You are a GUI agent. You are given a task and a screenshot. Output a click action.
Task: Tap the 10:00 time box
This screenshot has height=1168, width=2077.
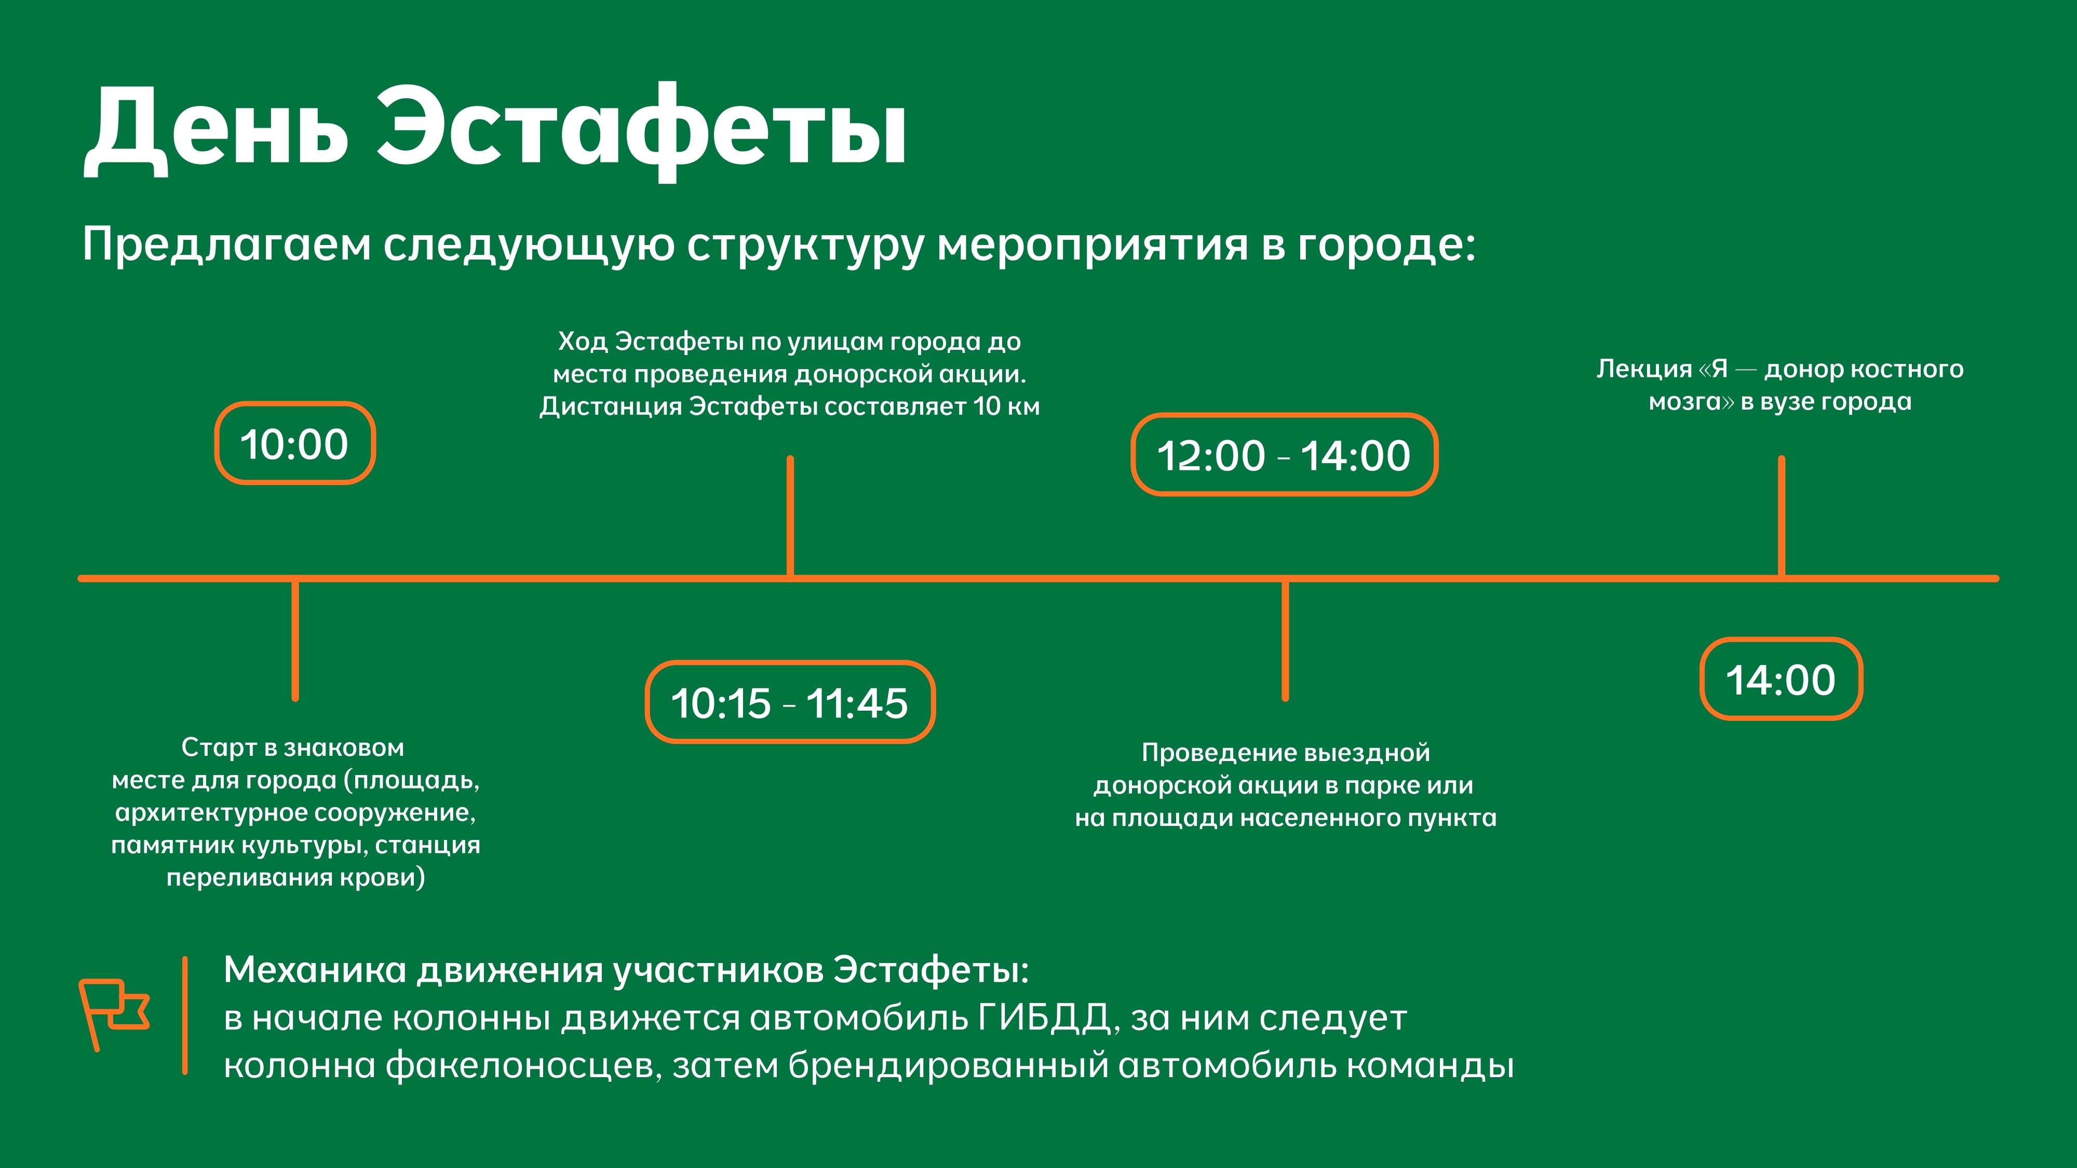tap(295, 443)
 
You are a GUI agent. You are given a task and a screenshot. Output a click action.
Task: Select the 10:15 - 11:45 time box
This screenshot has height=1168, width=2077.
tap(790, 702)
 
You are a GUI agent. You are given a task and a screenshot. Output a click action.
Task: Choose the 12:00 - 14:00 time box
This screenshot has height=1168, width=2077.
tap(1285, 455)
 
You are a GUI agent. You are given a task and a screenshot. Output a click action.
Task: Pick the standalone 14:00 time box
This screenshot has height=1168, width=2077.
tap(1781, 678)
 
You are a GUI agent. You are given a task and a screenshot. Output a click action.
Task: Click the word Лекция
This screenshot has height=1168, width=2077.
tap(1644, 369)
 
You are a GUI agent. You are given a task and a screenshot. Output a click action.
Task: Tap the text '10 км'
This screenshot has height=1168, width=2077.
tap(1006, 406)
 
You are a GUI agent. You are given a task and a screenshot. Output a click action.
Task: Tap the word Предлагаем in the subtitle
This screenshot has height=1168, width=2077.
tap(226, 244)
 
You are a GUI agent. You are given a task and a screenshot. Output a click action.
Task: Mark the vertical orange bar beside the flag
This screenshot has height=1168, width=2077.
tap(185, 1016)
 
